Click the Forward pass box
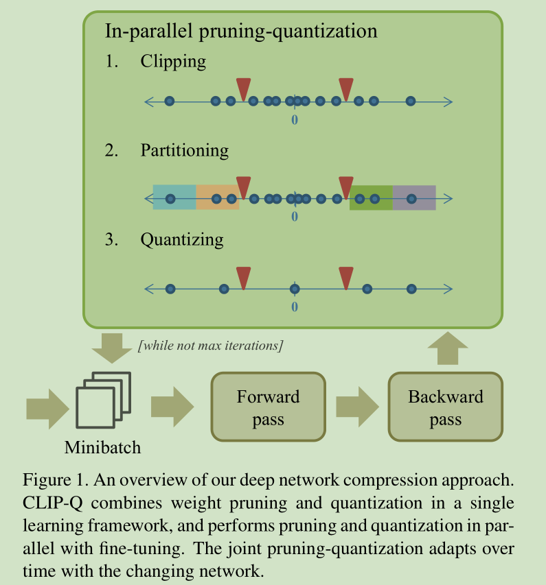tap(268, 407)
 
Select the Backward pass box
tap(445, 407)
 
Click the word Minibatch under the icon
tap(102, 448)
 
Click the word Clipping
tap(173, 61)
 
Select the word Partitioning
tap(184, 150)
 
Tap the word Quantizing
tap(181, 239)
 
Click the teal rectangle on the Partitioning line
tap(174, 198)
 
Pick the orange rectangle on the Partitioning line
tap(217, 198)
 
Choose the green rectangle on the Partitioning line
tap(371, 198)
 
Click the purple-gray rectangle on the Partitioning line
tap(414, 198)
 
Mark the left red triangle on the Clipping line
tap(243, 88)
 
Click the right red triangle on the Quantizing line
tap(346, 278)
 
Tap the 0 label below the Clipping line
tap(295, 120)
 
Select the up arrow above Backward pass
tap(445, 348)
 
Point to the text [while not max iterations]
tap(210, 345)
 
